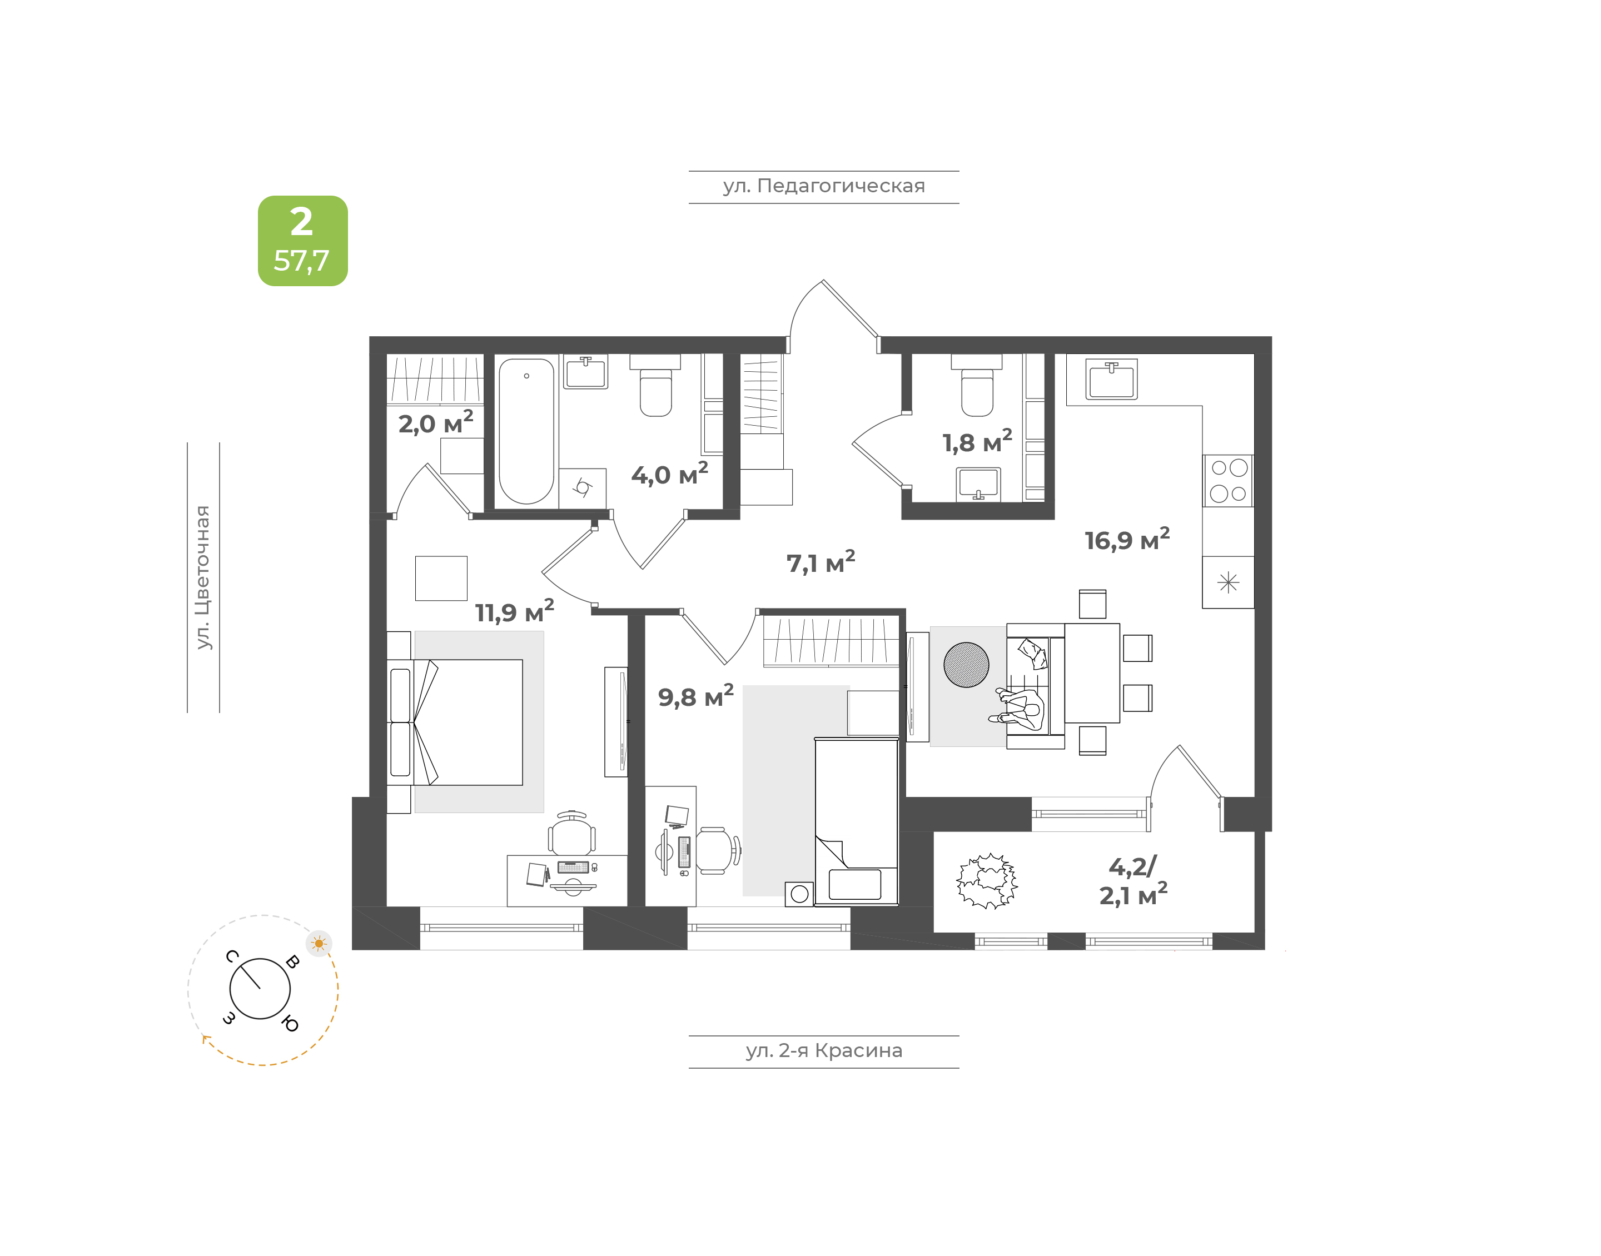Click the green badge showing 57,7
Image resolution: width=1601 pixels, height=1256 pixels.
click(x=302, y=241)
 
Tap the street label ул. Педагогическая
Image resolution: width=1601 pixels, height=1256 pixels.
click(x=824, y=186)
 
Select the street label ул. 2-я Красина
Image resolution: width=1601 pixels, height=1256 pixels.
click(x=824, y=1051)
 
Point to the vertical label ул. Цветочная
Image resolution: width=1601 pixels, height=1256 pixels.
click(x=203, y=577)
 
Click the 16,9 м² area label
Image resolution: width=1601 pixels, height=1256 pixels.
click(x=1127, y=539)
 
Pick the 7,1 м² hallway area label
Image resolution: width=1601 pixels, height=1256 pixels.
click(x=821, y=562)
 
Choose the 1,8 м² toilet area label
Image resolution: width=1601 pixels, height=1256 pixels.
click(x=977, y=441)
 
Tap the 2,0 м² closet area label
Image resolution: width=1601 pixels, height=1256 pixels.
click(x=436, y=422)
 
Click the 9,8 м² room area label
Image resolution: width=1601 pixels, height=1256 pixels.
click(x=695, y=696)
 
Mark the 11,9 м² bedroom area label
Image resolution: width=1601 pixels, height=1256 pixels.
click(x=514, y=611)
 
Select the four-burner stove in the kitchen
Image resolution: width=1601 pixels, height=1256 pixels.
click(x=1228, y=481)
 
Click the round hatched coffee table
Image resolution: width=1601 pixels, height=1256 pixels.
click(x=966, y=665)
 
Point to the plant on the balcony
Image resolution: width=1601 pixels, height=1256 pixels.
click(x=987, y=881)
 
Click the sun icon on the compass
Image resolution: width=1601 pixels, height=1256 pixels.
click(x=319, y=944)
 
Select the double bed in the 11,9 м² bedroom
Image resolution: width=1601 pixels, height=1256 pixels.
click(x=455, y=722)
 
